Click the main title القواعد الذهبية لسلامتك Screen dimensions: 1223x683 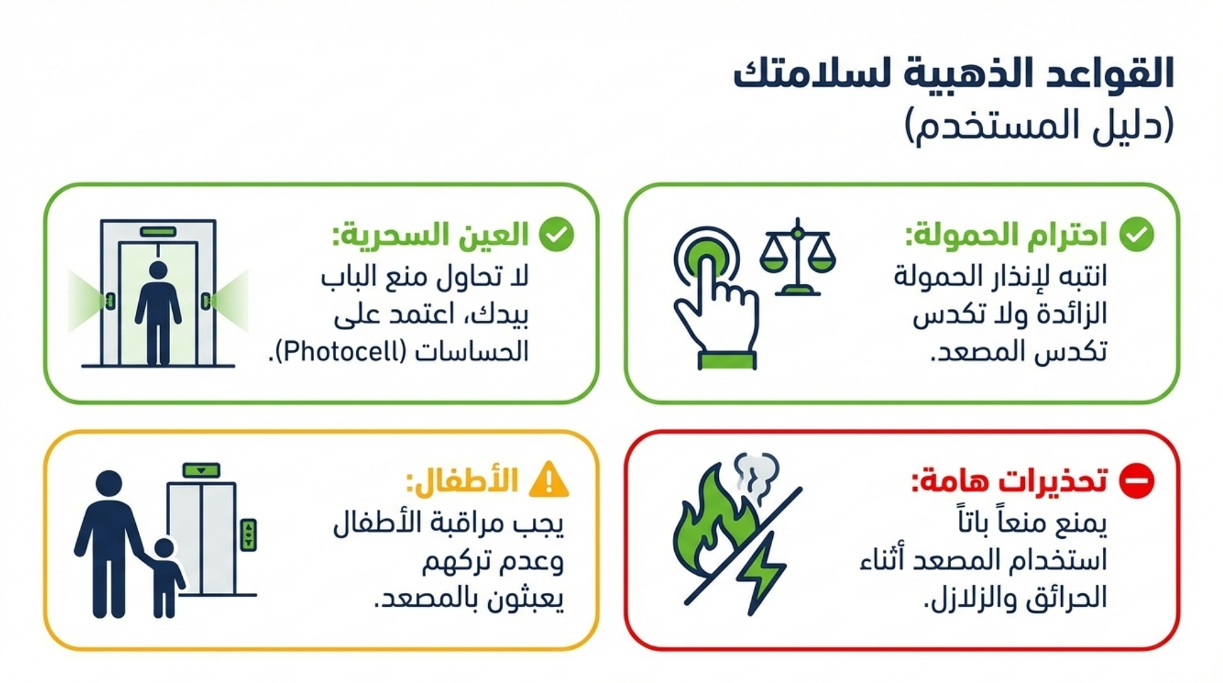954,73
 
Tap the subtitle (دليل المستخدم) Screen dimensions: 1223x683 1040,126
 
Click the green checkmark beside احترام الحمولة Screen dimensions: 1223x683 1137,234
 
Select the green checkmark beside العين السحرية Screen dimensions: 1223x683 557,234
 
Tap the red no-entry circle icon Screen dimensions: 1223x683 1136,480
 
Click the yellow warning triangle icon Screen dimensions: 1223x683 548,479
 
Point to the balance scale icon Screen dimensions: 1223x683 798,257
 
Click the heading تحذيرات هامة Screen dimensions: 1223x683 1009,481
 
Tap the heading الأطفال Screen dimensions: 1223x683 462,481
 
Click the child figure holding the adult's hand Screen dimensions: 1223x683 165,578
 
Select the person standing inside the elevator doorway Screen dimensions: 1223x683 158,312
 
